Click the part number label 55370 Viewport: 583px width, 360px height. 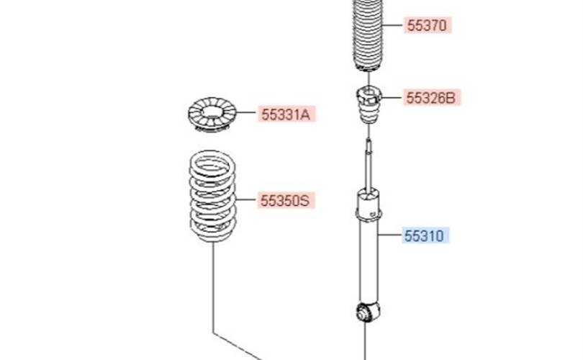pyautogui.click(x=427, y=26)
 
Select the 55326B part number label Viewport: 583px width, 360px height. pyautogui.click(x=431, y=98)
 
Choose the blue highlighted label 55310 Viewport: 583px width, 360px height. pyautogui.click(x=425, y=235)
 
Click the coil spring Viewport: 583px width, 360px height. pyautogui.click(x=212, y=194)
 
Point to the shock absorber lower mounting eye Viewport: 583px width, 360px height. pyautogui.click(x=366, y=312)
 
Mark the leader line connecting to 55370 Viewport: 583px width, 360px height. pyautogui.click(x=392, y=27)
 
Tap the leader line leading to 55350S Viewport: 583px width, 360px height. pyautogui.click(x=245, y=200)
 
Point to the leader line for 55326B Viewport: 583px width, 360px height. pyautogui.click(x=392, y=98)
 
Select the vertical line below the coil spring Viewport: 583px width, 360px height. pyautogui.click(x=213, y=288)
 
